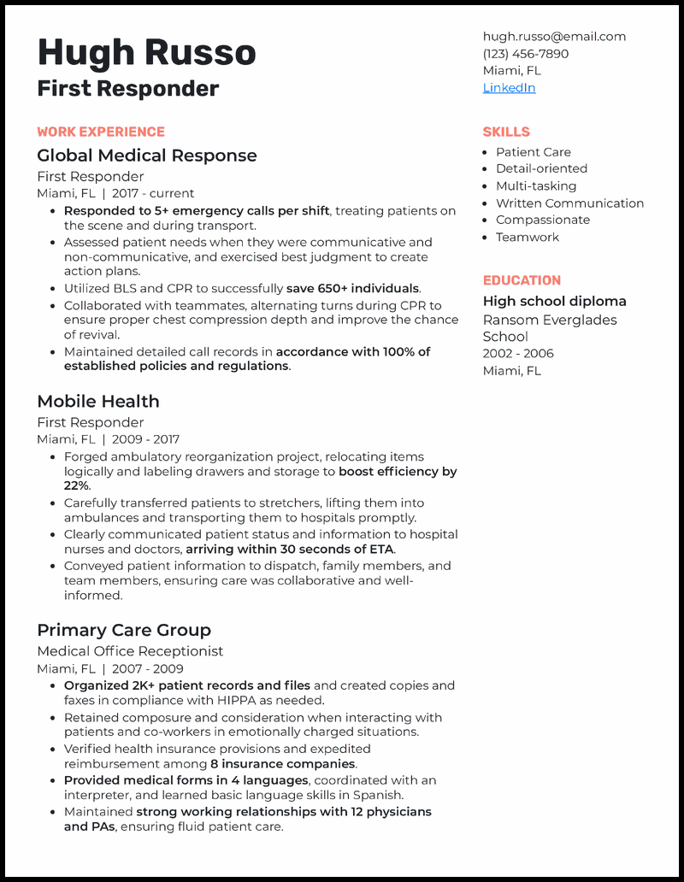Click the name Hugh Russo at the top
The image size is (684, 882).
[146, 53]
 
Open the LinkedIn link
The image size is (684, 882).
[509, 88]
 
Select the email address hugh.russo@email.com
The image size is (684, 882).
[554, 37]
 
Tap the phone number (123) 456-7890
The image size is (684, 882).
[525, 54]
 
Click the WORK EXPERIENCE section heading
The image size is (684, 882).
[101, 132]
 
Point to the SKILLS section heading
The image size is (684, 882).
[506, 132]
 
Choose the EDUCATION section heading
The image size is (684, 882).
[522, 280]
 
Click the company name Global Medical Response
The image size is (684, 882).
[147, 156]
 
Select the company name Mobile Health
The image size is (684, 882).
[98, 402]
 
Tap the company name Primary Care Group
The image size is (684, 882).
[124, 631]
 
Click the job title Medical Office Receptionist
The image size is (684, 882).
[130, 651]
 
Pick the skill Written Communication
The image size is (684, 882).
[569, 203]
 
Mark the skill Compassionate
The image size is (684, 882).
[543, 220]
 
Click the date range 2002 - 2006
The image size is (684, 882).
[518, 354]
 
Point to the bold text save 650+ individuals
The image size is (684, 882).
[352, 289]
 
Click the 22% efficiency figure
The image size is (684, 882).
[75, 486]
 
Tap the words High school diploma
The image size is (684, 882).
[554, 302]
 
